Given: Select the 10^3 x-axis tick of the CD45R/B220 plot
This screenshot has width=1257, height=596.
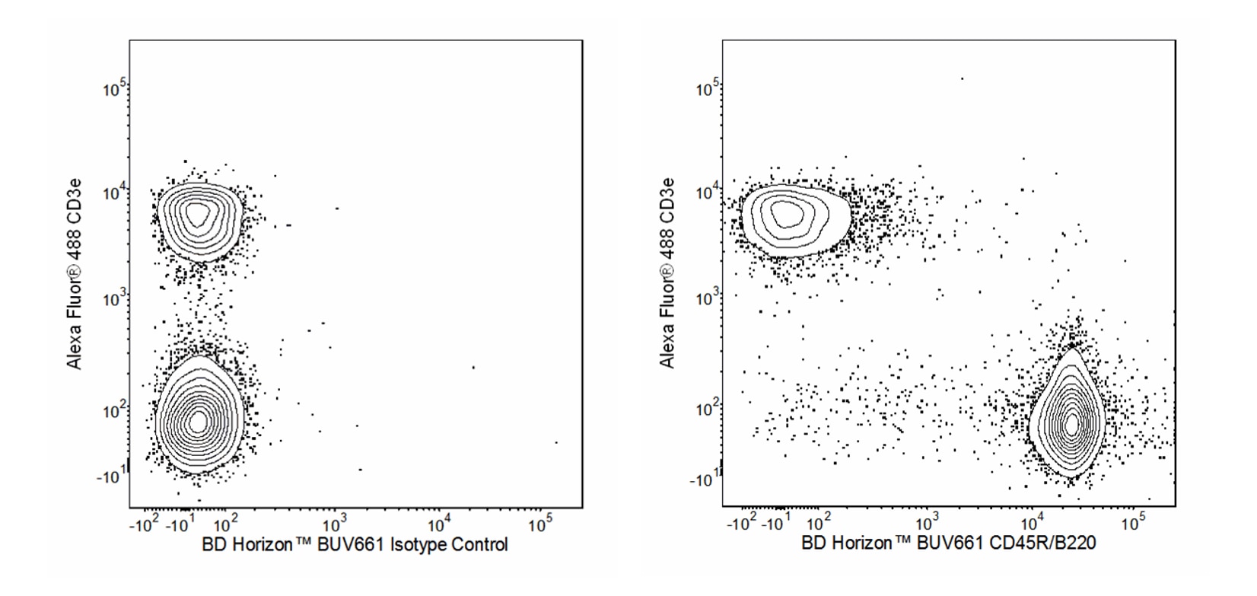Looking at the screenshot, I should (x=926, y=524).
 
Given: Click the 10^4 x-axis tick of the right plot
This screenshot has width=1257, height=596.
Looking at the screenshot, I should (x=1031, y=524).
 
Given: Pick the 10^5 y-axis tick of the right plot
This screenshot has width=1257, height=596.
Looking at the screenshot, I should (x=708, y=90).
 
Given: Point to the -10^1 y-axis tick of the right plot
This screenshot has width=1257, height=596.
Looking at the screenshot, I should (x=705, y=480).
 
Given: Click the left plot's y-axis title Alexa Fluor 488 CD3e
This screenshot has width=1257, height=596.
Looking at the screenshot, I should (x=75, y=275).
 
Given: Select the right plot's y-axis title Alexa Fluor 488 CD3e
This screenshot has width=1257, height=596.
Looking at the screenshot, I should (x=667, y=273).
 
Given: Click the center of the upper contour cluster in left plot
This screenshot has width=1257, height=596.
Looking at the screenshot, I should (x=197, y=215).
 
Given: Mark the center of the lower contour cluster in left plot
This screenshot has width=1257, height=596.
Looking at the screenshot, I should (x=198, y=421).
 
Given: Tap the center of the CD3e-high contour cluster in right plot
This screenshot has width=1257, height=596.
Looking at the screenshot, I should (x=786, y=215).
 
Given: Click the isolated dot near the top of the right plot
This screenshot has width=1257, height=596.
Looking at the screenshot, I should (x=962, y=78).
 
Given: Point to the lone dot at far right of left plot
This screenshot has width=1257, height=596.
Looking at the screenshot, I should (x=555, y=442).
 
